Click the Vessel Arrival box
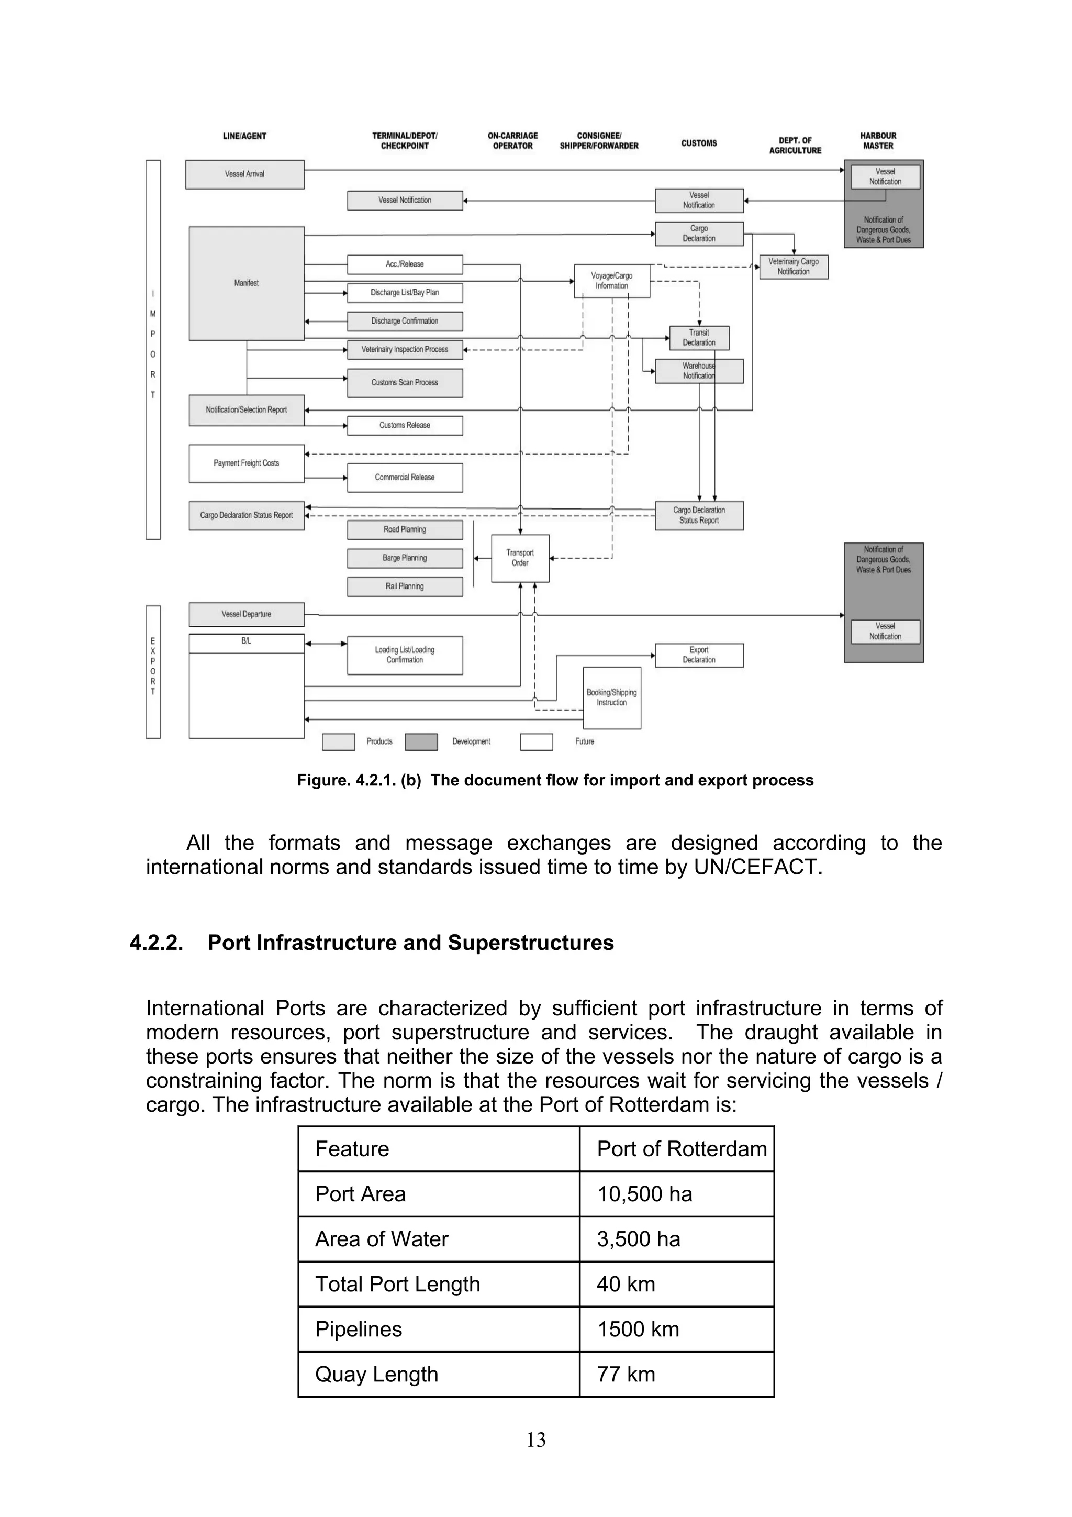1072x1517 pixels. click(244, 174)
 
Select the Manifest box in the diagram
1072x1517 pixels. click(247, 283)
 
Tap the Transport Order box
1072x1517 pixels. click(520, 558)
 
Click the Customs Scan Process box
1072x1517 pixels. click(405, 383)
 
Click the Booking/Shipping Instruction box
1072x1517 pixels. click(611, 697)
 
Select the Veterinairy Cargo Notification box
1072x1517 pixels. click(793, 267)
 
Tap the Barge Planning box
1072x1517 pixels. click(405, 558)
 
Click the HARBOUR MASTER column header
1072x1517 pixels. click(878, 141)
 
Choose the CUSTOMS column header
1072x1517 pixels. click(699, 143)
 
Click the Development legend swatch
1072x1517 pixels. click(421, 742)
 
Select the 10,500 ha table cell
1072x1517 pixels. click(645, 1194)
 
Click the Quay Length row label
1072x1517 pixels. click(376, 1374)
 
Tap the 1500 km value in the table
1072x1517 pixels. click(638, 1328)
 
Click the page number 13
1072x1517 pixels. click(535, 1440)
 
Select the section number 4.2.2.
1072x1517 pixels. click(157, 943)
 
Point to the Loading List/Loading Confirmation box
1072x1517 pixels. click(405, 655)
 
